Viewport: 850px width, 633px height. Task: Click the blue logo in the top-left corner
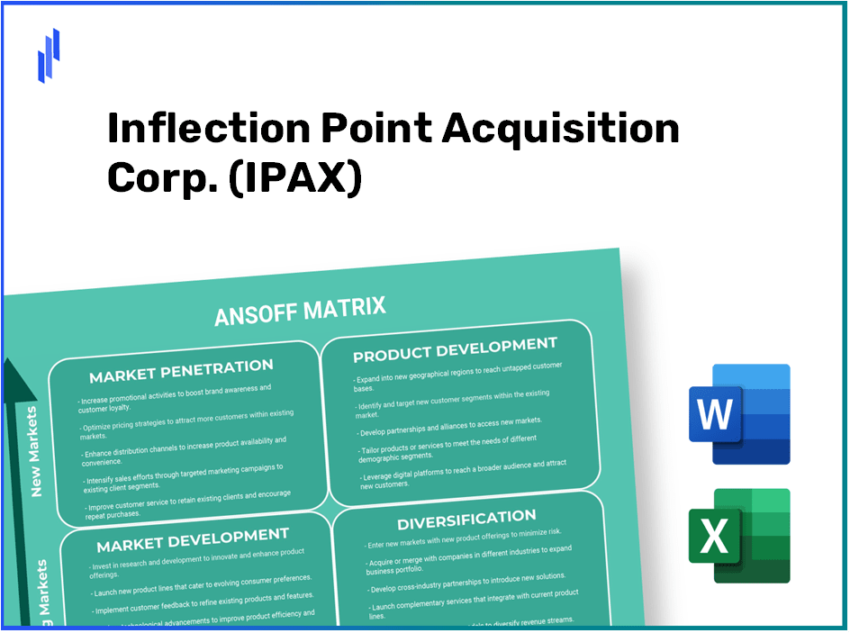click(x=49, y=54)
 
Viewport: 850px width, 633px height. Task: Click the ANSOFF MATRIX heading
click(x=300, y=312)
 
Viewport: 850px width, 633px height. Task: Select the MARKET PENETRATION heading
click(x=182, y=369)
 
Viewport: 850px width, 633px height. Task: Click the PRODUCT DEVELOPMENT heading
click(x=455, y=348)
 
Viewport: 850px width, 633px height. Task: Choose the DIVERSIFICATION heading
click(x=466, y=520)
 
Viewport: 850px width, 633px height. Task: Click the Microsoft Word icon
click(x=737, y=414)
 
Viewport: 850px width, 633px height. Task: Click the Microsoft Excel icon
click(x=737, y=536)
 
